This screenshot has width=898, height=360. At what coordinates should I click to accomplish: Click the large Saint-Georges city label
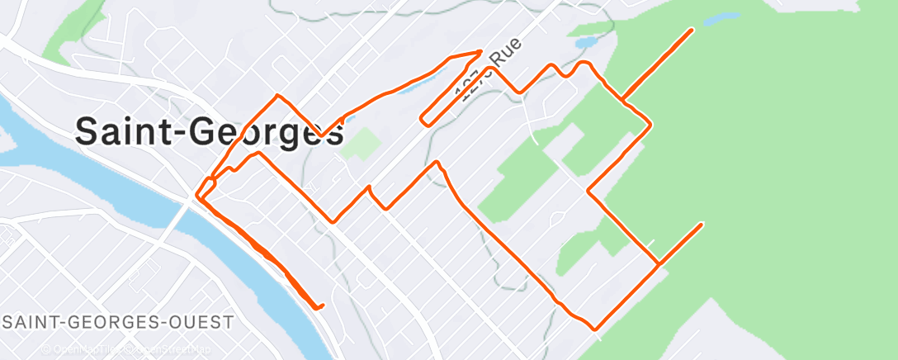click(x=210, y=130)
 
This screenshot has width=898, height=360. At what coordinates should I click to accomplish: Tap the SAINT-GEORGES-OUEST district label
click(x=118, y=321)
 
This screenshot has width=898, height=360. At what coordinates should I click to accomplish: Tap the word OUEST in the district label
click(x=201, y=321)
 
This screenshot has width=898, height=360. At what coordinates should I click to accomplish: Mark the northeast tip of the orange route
click(x=691, y=30)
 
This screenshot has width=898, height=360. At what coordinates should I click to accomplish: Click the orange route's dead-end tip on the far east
click(x=702, y=224)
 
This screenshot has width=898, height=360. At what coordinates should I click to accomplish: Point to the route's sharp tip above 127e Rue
click(x=480, y=52)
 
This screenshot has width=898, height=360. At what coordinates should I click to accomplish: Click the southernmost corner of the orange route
click(x=594, y=329)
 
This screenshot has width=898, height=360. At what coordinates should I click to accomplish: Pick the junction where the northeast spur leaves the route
click(x=623, y=102)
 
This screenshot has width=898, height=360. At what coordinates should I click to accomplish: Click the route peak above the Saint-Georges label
click(x=278, y=96)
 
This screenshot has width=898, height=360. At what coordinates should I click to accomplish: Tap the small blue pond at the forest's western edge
click(x=587, y=41)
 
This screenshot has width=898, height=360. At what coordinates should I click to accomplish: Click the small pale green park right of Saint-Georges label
click(x=362, y=143)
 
